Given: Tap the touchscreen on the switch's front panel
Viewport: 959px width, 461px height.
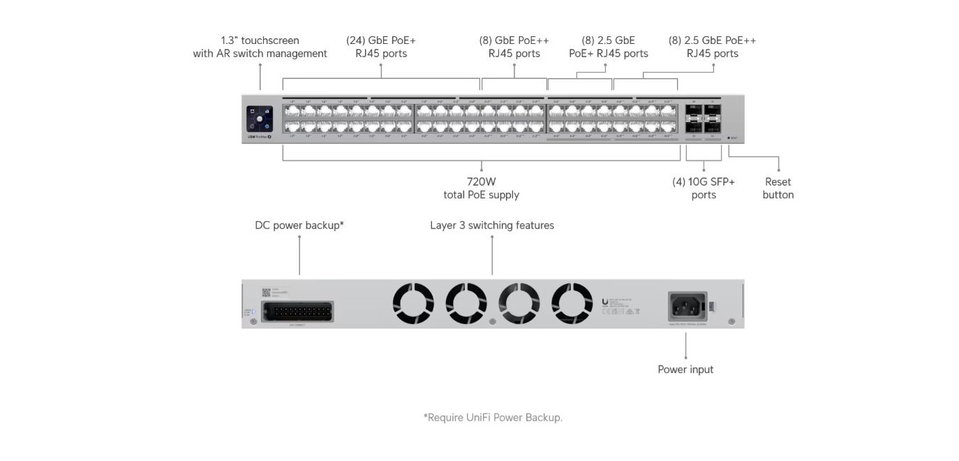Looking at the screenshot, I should click(x=260, y=119).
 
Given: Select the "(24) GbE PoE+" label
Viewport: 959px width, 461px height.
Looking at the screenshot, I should click(x=381, y=40).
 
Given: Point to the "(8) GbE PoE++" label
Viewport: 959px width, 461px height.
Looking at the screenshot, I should click(x=514, y=40).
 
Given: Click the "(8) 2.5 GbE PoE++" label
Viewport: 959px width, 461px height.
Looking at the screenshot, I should click(x=712, y=40).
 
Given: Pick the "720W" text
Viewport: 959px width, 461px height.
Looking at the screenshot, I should click(x=482, y=182).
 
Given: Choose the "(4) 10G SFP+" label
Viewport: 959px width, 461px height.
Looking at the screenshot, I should click(x=704, y=182).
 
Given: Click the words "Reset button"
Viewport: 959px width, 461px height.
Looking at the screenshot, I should click(x=778, y=188).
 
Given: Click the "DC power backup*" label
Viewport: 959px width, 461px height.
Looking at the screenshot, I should click(x=299, y=225).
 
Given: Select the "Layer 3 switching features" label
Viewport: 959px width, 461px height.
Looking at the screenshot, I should click(x=492, y=225).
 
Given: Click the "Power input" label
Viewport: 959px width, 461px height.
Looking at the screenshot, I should click(x=685, y=369).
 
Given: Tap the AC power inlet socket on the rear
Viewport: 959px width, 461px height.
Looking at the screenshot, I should click(x=687, y=305).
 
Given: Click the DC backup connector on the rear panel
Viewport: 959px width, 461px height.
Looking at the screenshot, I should click(x=297, y=311).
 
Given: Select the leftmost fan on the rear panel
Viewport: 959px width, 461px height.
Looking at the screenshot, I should click(x=413, y=303).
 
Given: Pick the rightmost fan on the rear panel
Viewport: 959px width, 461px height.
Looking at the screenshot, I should click(x=572, y=303).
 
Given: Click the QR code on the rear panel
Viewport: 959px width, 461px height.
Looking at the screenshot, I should click(x=266, y=292).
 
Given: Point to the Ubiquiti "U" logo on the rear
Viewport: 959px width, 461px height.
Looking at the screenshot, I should click(x=604, y=301).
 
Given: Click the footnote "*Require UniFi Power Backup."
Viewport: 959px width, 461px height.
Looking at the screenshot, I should click(x=492, y=418).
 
